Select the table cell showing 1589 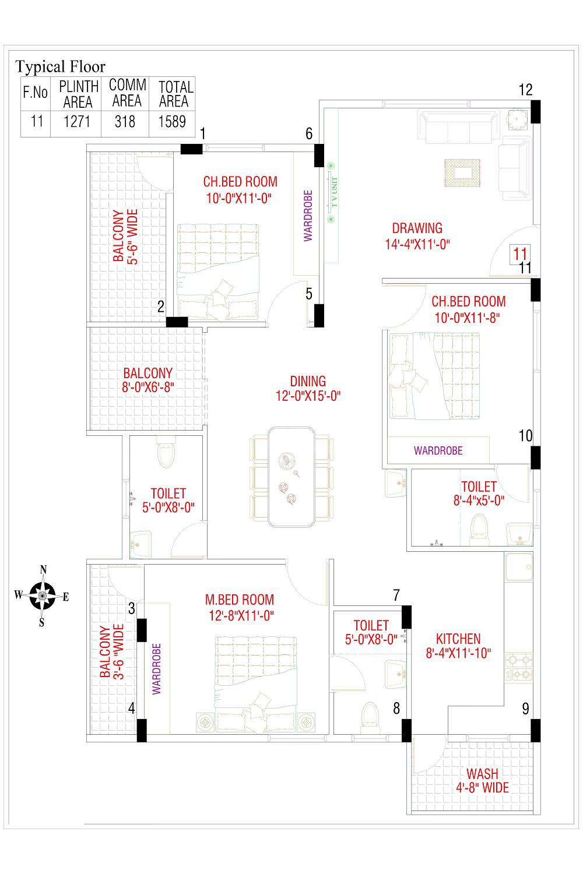click(x=173, y=121)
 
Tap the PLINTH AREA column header click(x=78, y=94)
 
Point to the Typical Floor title click(x=60, y=66)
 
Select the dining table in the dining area click(x=291, y=477)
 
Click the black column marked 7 click(x=406, y=617)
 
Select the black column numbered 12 click(x=535, y=111)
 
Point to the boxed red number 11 click(x=519, y=253)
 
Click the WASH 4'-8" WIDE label click(x=482, y=781)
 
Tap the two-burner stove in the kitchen click(x=519, y=667)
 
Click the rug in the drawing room click(x=462, y=173)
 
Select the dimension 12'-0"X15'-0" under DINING click(x=308, y=396)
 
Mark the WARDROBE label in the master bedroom click(x=156, y=669)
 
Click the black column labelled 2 click(x=177, y=322)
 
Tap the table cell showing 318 click(x=125, y=121)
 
